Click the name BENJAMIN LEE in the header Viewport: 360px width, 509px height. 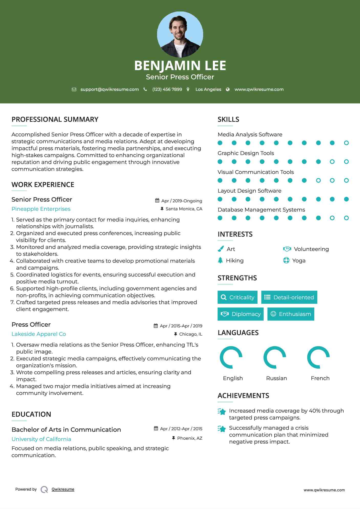pos(180,65)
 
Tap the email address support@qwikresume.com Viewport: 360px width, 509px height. pos(110,89)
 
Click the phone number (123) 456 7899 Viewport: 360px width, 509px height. pos(167,89)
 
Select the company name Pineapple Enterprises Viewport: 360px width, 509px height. pos(41,209)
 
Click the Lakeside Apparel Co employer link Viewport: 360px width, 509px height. pos(39,334)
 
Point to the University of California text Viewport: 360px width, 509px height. pos(41,439)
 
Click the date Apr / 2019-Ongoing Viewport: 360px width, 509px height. pos(181,201)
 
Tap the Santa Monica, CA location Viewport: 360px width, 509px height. pos(184,209)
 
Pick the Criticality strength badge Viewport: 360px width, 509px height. pos(237,297)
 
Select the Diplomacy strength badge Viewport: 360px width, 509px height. pos(241,314)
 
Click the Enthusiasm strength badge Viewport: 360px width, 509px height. pos(291,314)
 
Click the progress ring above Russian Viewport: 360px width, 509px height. pos(275,357)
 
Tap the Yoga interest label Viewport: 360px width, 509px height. pos(299,261)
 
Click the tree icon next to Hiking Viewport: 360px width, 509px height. pos(220,260)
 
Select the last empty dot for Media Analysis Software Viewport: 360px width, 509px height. pos(346,143)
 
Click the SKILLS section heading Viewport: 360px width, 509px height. pos(228,119)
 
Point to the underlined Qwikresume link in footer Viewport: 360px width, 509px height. pos(63,489)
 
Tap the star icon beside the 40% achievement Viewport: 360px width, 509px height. pos(222,412)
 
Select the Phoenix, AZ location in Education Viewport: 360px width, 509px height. pos(190,438)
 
